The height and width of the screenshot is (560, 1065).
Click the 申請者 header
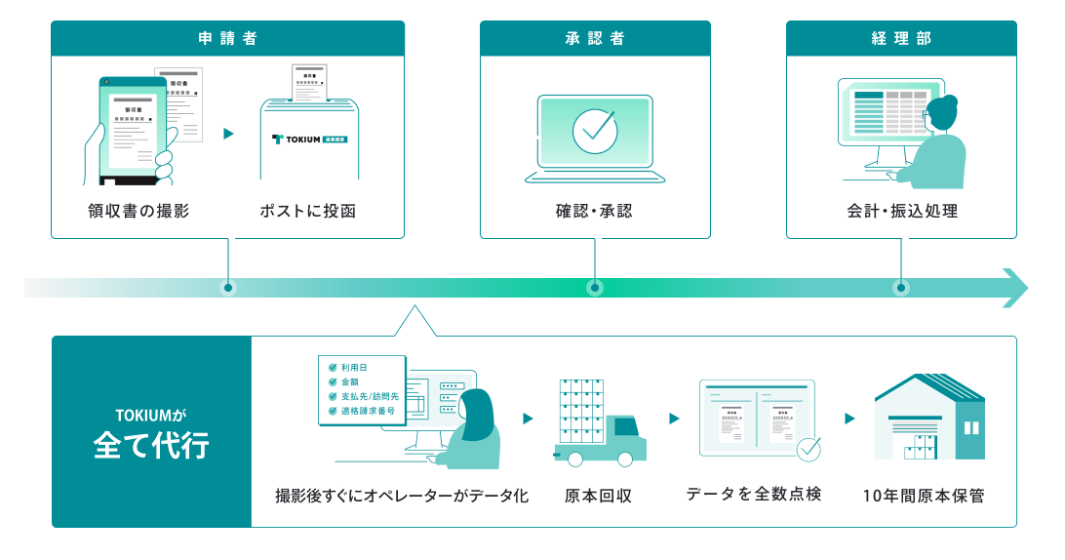tap(227, 39)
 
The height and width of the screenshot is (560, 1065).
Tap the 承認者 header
tap(595, 39)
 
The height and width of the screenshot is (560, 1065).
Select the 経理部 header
tap(901, 39)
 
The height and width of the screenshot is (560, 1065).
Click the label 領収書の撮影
tap(138, 211)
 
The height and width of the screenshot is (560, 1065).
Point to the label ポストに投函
tap(308, 211)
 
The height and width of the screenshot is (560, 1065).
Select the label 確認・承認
tap(595, 211)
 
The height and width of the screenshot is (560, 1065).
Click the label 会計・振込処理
tap(901, 211)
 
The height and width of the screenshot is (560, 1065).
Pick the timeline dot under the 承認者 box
tap(595, 288)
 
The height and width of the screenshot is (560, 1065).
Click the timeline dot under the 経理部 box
tap(901, 288)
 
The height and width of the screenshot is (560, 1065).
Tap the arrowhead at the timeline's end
tap(1016, 288)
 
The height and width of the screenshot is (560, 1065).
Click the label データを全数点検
tap(754, 495)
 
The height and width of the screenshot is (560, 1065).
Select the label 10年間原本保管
tap(924, 496)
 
